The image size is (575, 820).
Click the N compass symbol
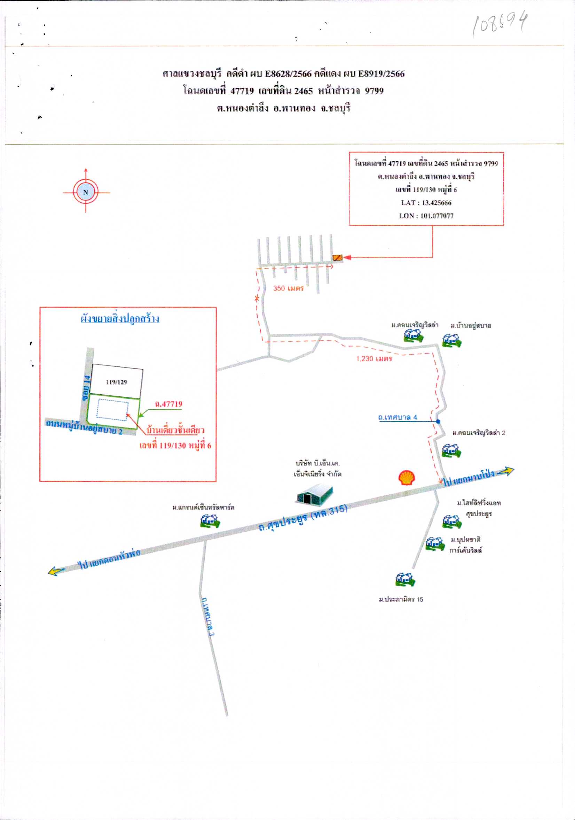pyautogui.click(x=86, y=192)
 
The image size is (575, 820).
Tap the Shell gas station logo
pyautogui.click(x=407, y=478)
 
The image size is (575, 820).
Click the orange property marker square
pyautogui.click(x=337, y=257)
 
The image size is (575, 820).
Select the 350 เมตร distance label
pyautogui.click(x=289, y=288)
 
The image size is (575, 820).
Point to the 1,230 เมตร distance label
pyautogui.click(x=374, y=358)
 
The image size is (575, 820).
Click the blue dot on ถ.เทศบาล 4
pyautogui.click(x=438, y=421)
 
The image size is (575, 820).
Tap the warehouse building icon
pyautogui.click(x=314, y=494)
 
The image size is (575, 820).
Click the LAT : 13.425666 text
pyautogui.click(x=426, y=203)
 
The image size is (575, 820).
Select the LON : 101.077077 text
pyautogui.click(x=426, y=216)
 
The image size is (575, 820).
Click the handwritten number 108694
pyautogui.click(x=500, y=24)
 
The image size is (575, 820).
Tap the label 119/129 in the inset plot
pyautogui.click(x=116, y=382)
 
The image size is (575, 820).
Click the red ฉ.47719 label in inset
pyautogui.click(x=168, y=404)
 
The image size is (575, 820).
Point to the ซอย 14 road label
pyautogui.click(x=86, y=388)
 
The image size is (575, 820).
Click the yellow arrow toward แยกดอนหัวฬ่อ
pyautogui.click(x=56, y=570)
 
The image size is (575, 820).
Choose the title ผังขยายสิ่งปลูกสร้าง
pyautogui.click(x=120, y=319)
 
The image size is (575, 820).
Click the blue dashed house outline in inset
pyautogui.click(x=112, y=410)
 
